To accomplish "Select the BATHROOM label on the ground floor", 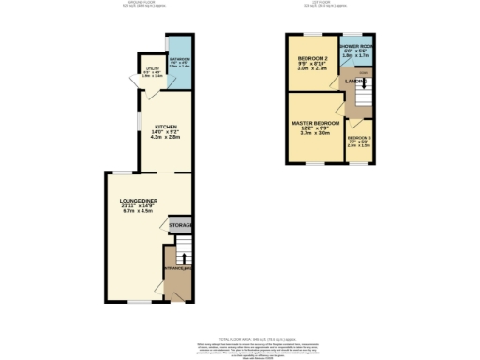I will click(x=180, y=58).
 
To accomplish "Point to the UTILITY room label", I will click(x=152, y=69).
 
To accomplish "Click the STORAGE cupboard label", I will click(x=180, y=226).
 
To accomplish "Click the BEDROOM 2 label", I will click(x=311, y=58).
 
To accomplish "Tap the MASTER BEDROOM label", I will click(x=316, y=123).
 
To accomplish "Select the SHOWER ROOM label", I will click(x=356, y=47).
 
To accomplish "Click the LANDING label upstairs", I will click(x=355, y=81).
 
